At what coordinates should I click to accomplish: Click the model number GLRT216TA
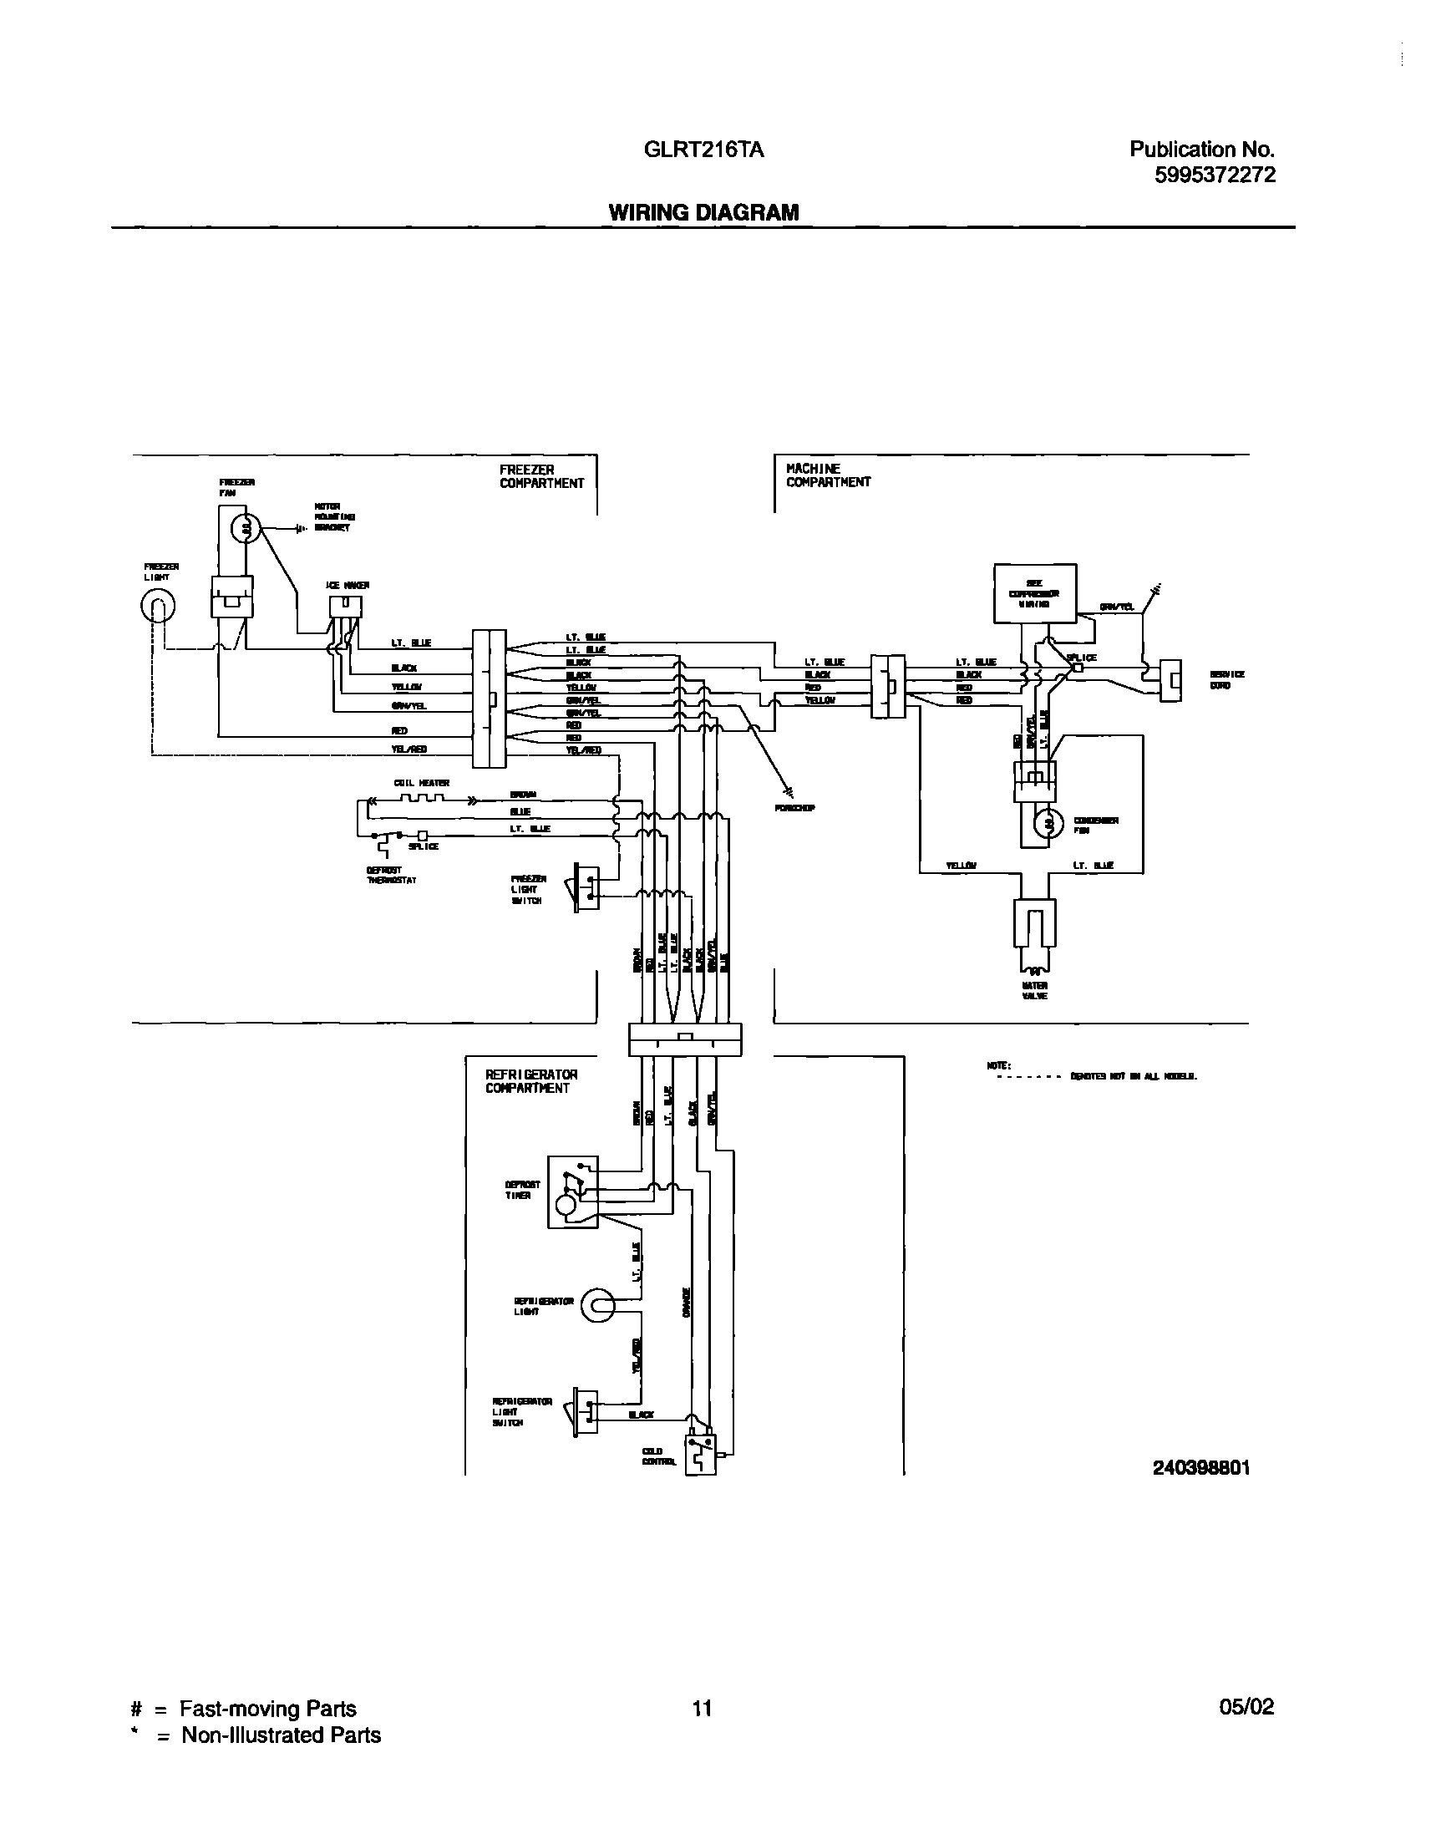tap(703, 150)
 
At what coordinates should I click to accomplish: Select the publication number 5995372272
tap(1215, 175)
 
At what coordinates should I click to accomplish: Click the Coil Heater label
tap(421, 784)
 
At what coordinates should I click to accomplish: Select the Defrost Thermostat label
tap(391, 876)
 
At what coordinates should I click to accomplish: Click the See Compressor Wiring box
tap(1035, 593)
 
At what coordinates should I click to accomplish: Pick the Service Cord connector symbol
tap(1170, 679)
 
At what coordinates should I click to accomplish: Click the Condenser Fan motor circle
tap(1048, 825)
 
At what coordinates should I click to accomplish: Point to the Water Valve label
tap(1035, 990)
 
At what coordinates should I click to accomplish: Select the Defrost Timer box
tap(572, 1192)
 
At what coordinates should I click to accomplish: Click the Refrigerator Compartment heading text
tap(531, 1081)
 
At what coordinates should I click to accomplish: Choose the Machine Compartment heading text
tap(828, 475)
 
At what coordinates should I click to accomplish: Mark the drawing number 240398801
tap(1200, 1467)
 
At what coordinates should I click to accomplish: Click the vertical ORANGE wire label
tap(686, 1303)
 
